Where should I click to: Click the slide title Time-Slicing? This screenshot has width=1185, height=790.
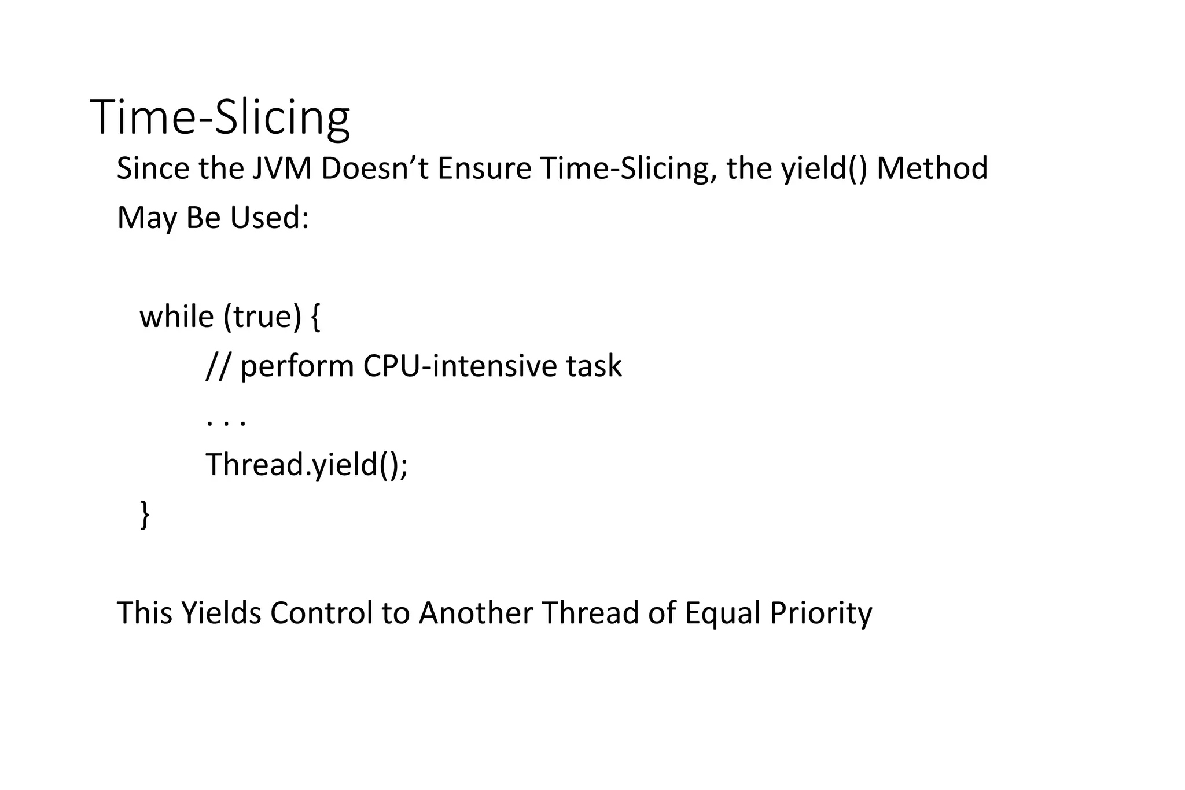220,118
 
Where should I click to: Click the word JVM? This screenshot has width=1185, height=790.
281,168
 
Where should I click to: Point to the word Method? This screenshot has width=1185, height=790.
932,168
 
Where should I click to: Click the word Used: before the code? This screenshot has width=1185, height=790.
270,218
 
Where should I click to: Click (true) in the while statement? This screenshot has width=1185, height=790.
262,317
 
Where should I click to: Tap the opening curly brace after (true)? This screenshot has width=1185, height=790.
315,318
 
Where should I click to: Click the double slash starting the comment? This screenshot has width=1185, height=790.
218,366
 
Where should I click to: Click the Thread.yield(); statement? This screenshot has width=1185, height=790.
307,465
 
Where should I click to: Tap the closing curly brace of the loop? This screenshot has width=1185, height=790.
145,515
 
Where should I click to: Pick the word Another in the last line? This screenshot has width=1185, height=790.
476,613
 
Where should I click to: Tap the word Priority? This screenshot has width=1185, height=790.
821,613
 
